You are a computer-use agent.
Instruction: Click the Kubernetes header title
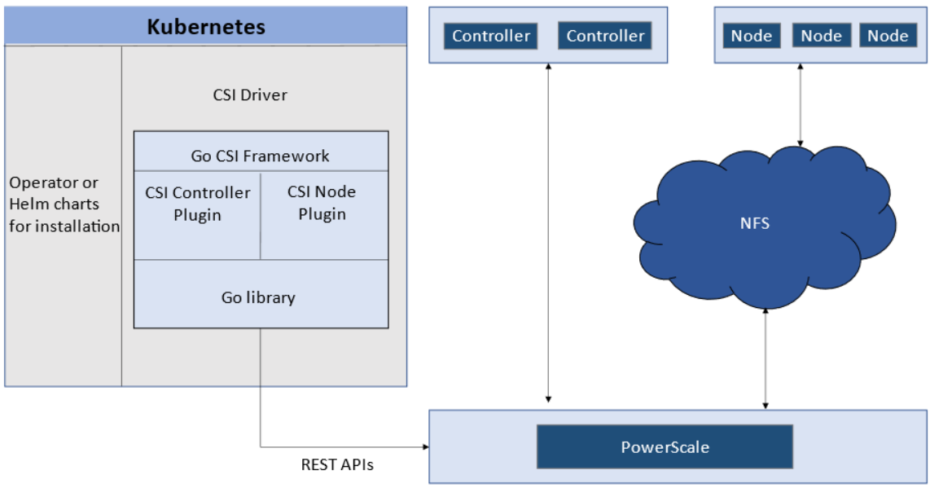[x=206, y=26]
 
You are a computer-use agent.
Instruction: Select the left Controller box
[x=491, y=36]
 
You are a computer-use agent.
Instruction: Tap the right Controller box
[x=605, y=36]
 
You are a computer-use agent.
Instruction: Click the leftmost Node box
[x=751, y=36]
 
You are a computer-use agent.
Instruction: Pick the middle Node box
[x=821, y=36]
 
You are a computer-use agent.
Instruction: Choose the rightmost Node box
[x=888, y=36]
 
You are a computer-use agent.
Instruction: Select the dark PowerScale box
[x=665, y=446]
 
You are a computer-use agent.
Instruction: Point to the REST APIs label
[x=337, y=465]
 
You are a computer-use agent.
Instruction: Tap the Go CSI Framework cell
[x=261, y=156]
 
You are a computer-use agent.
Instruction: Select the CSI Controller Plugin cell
[x=197, y=204]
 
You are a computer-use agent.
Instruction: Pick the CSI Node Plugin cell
[x=322, y=203]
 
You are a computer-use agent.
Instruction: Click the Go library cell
[x=258, y=297]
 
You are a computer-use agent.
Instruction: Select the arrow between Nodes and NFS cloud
[x=801, y=106]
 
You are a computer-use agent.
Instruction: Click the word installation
[x=64, y=226]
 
